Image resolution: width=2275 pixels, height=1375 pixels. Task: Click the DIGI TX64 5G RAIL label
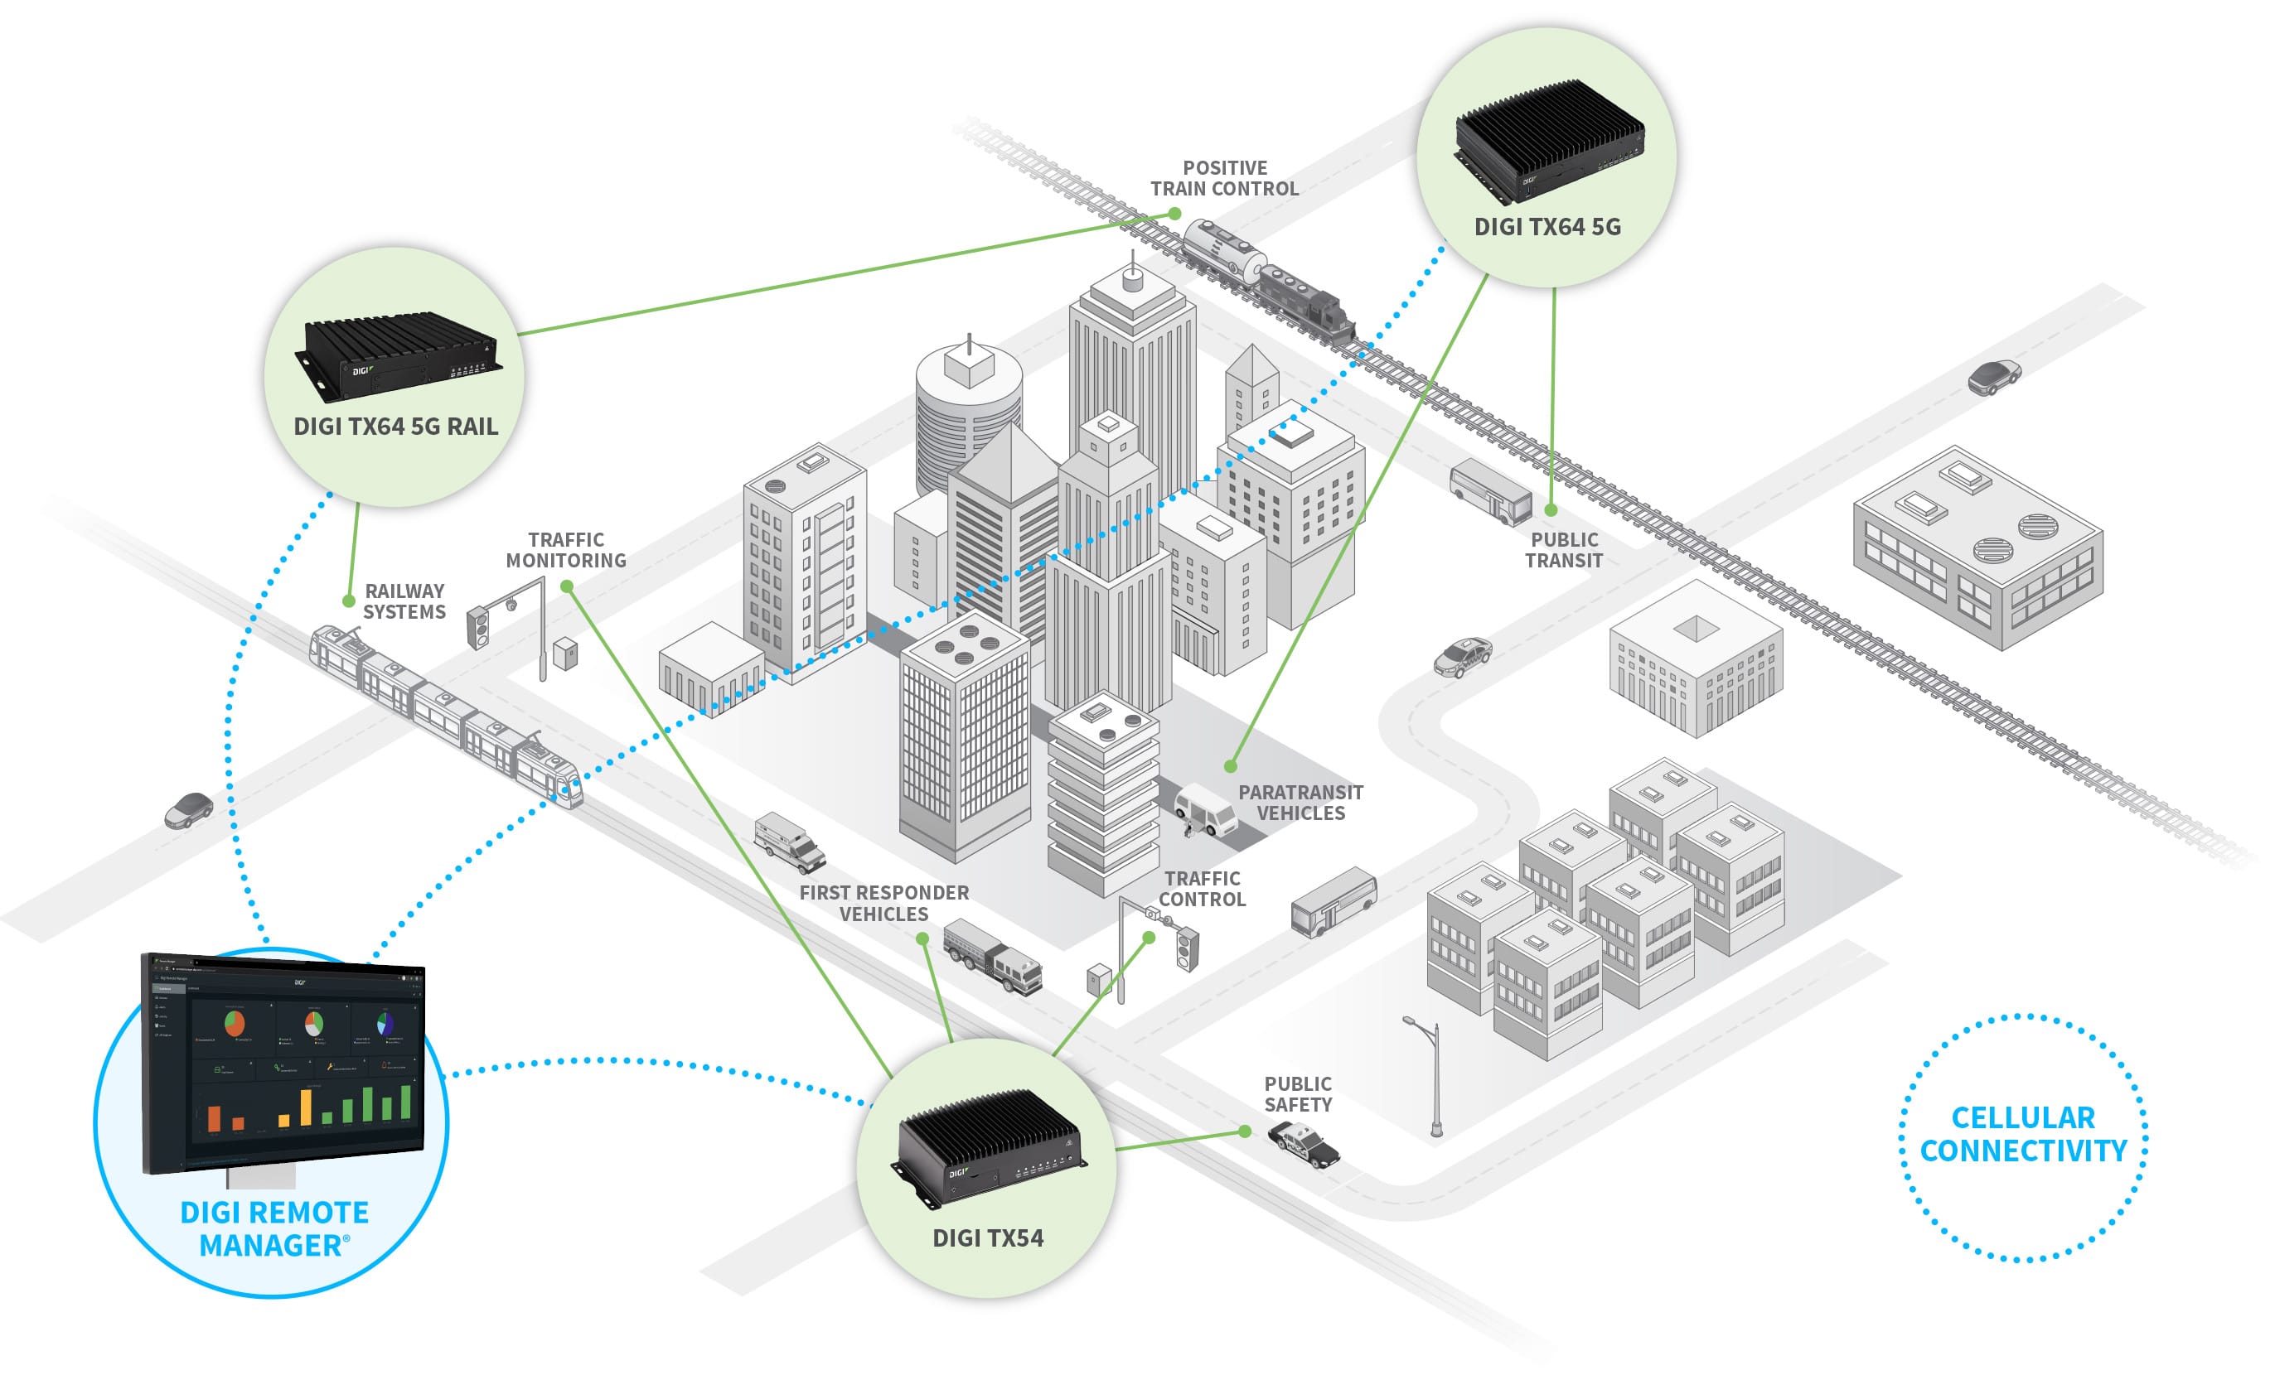(395, 427)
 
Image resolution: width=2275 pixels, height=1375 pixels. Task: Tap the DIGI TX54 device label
(987, 1237)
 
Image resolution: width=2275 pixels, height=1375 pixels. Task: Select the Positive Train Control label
(1223, 178)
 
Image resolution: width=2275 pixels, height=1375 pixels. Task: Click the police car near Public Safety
(1303, 1144)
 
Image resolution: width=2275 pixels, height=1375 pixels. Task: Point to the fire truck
(993, 956)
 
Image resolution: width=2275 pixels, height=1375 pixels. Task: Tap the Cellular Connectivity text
(2022, 1134)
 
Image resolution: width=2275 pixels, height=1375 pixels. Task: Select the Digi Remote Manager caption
(273, 1228)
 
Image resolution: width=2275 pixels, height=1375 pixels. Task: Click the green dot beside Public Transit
(1551, 509)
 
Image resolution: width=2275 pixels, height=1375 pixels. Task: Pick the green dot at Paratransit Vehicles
(1230, 766)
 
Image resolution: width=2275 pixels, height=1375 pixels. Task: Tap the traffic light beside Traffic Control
(1188, 948)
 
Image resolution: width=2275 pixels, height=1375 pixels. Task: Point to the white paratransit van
(1205, 809)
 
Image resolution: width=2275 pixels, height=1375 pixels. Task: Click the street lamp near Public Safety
(1432, 1075)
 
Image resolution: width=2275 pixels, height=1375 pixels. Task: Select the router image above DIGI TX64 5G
(1548, 138)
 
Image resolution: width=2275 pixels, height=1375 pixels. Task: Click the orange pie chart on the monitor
(235, 1022)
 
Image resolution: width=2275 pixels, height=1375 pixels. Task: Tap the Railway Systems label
(404, 601)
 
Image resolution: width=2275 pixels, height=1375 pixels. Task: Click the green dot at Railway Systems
(349, 601)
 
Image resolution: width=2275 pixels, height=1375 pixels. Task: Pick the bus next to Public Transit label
(1490, 492)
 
